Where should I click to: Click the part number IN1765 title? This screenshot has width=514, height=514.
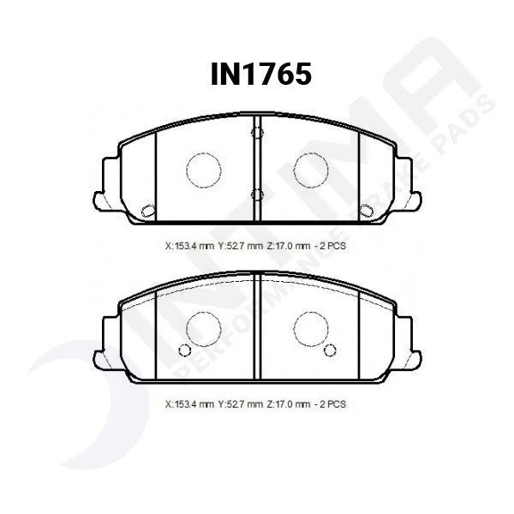coord(260,75)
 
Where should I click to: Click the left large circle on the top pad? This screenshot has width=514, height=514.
coord(204,169)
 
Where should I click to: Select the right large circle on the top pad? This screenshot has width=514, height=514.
coord(311,169)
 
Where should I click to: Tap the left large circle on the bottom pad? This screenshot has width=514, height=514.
coord(204,326)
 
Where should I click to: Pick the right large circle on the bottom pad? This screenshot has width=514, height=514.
coord(311,326)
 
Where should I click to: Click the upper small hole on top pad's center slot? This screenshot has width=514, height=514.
coord(254,133)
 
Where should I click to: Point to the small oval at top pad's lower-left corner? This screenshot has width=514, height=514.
coord(146,209)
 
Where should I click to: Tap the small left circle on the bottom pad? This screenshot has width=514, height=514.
coord(182,350)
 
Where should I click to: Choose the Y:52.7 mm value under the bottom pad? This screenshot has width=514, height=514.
coord(241,403)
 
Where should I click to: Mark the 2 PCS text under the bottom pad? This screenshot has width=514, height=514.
coord(337,403)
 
